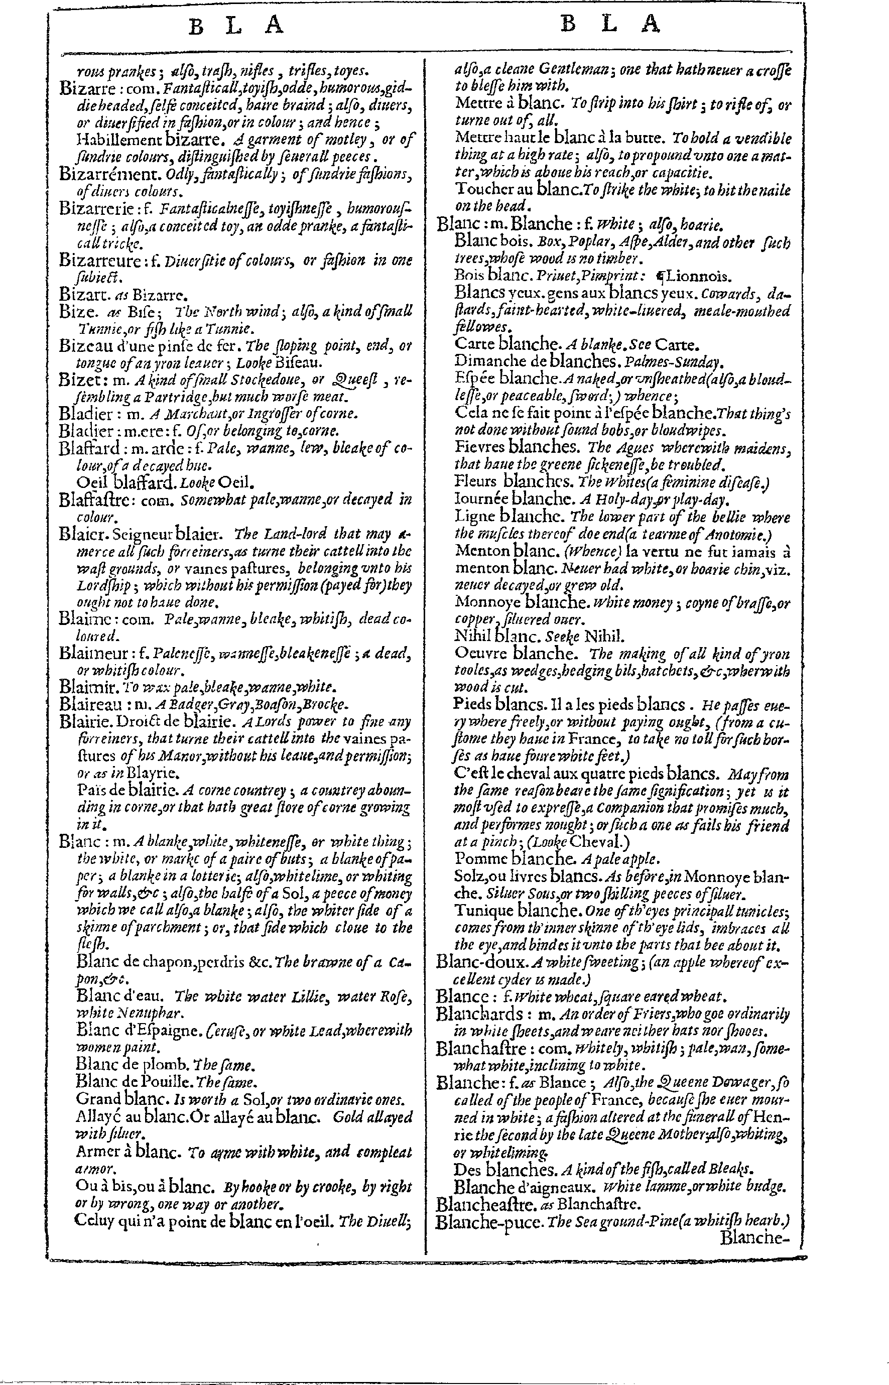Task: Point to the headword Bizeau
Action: tap(81, 346)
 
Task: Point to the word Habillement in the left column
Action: tap(118, 139)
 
